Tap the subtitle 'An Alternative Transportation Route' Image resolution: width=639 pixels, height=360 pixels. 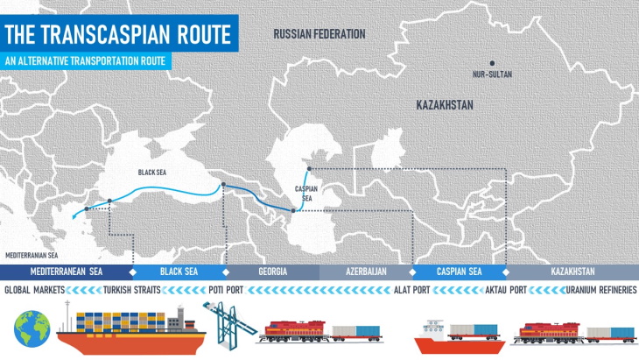[84, 62]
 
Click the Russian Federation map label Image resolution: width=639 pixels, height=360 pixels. [319, 34]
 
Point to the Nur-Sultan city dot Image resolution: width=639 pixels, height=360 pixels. [492, 63]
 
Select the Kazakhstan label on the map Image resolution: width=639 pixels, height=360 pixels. [444, 105]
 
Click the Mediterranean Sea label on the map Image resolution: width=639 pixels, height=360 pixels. [32, 255]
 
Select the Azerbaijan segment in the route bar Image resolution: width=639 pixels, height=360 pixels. [365, 272]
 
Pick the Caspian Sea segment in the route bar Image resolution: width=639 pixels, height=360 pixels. [459, 272]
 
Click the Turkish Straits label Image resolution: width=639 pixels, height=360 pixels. [131, 290]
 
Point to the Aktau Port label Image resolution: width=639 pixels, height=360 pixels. [505, 290]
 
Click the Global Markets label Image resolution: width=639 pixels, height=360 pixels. [33, 290]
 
